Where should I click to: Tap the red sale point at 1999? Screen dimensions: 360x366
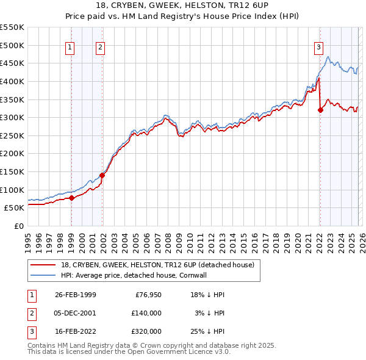72,198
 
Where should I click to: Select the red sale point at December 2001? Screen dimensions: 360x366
102,175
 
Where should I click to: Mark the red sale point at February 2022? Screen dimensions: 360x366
320,110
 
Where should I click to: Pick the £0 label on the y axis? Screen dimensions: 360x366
19,226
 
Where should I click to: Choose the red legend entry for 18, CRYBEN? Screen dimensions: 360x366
152,264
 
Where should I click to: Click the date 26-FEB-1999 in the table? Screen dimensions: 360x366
75,295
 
